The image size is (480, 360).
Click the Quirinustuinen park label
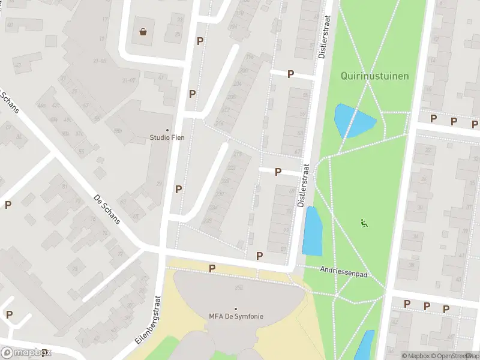(374, 76)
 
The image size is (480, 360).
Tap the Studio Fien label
(167, 137)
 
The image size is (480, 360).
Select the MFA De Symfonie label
(236, 316)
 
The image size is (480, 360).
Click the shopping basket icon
(143, 32)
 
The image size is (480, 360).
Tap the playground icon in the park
(364, 223)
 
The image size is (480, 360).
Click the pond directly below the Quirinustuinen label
(352, 121)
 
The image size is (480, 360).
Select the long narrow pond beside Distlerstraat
(313, 231)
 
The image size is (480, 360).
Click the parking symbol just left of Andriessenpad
(259, 256)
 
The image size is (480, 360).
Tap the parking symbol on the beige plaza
(212, 268)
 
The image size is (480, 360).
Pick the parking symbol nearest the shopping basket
(200, 41)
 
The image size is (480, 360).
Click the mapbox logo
(26, 352)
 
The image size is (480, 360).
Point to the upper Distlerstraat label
(325, 37)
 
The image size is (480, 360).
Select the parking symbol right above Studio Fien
(193, 94)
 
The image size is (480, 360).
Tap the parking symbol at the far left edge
(8, 205)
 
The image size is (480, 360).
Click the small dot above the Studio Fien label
(167, 130)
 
